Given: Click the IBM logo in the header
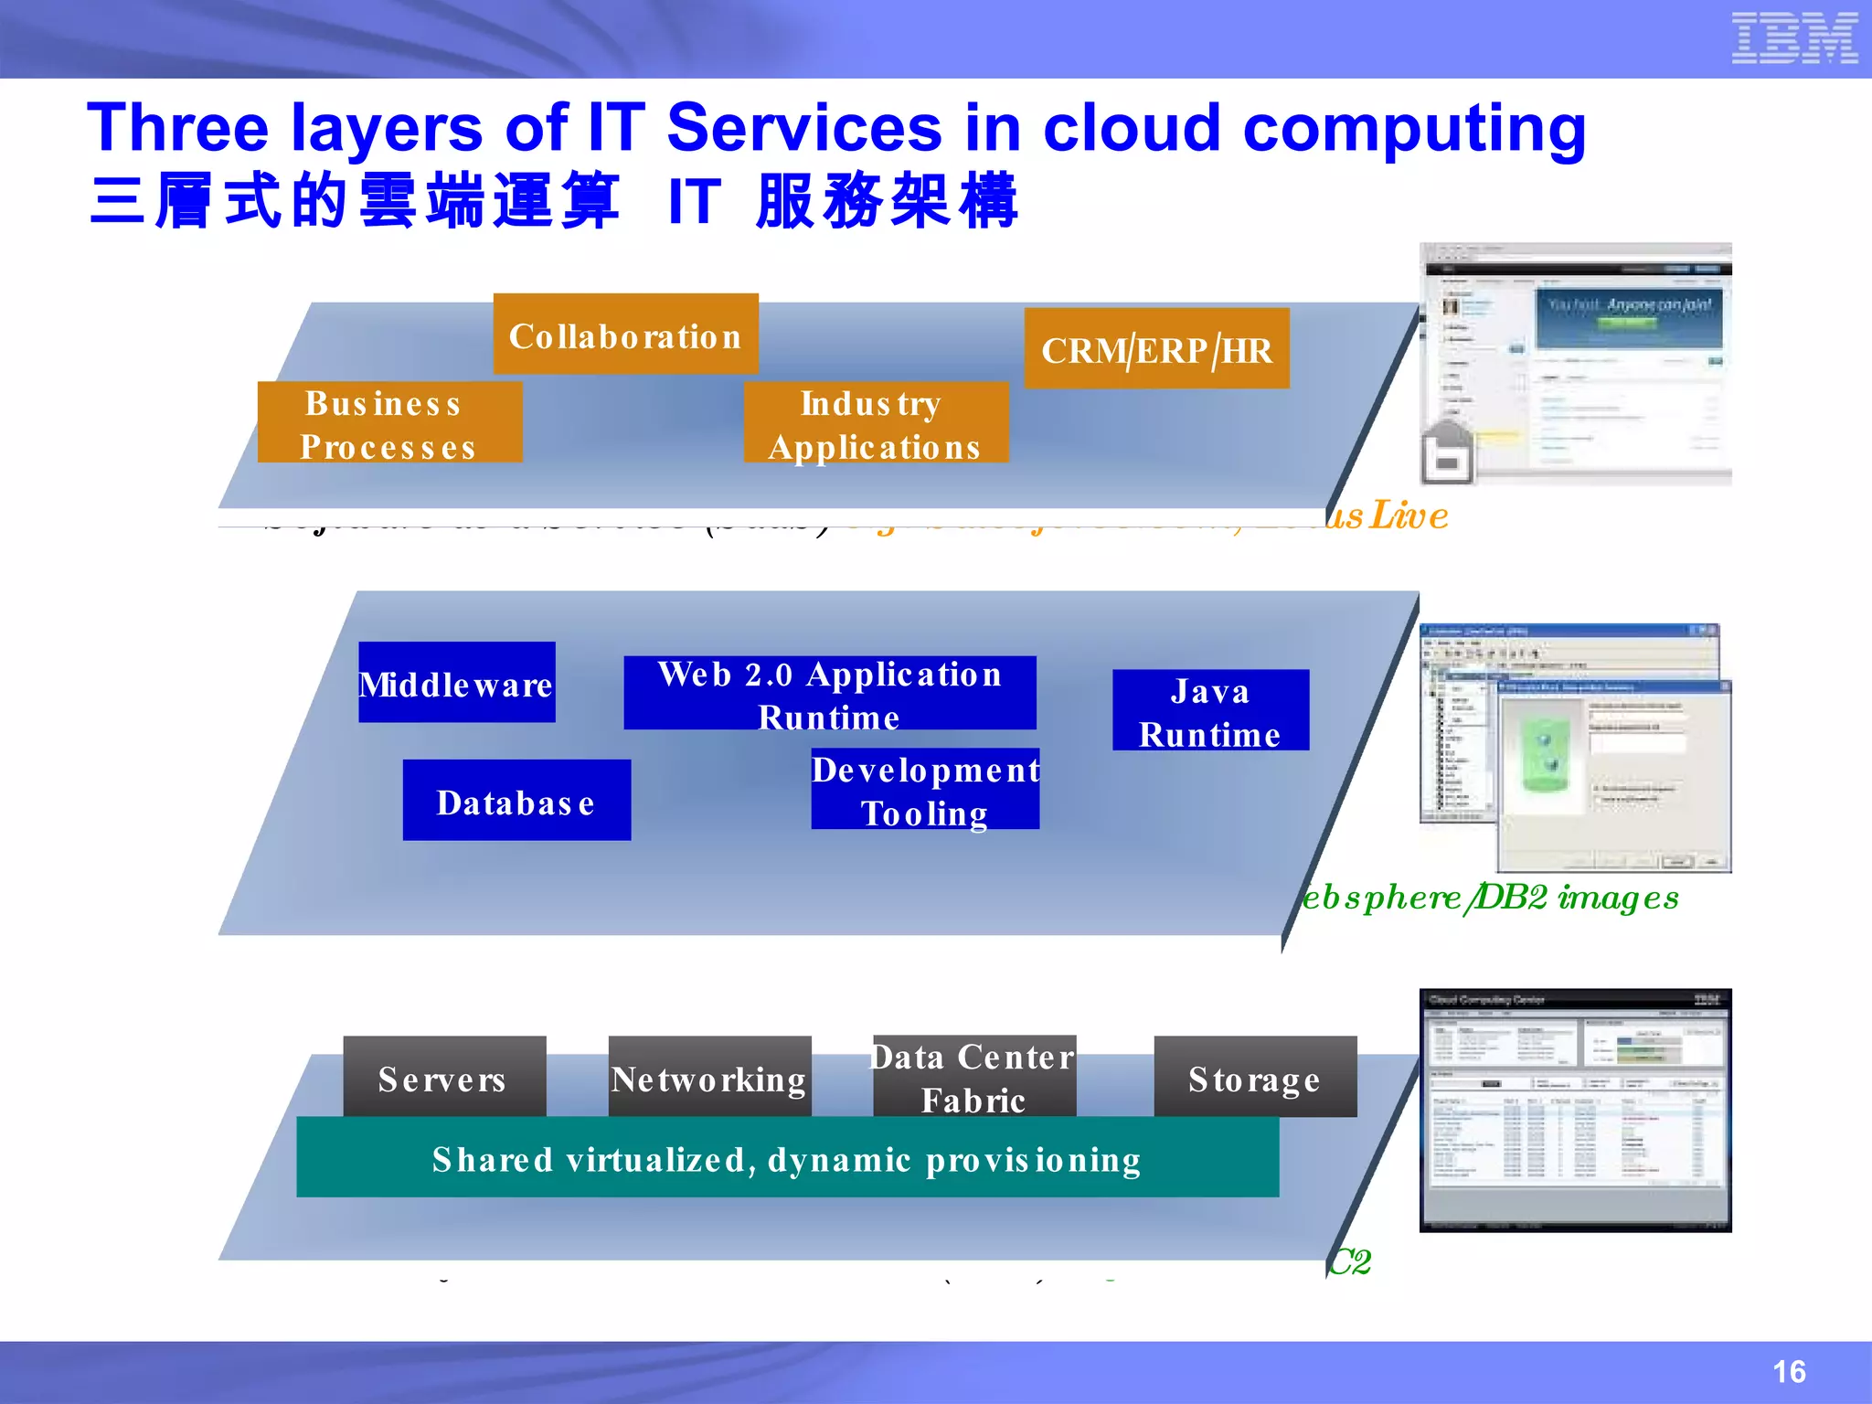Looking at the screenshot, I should (1794, 38).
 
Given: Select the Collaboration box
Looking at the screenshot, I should (625, 335).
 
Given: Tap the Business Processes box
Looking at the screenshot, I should (389, 423).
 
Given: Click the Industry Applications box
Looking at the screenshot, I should (875, 423).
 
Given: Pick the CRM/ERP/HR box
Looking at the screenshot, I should (1156, 349).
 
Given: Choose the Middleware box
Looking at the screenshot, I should (456, 683).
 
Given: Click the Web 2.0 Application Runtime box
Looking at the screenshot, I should (829, 694).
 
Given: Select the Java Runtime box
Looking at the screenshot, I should (1209, 711).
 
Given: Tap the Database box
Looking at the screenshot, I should (516, 801).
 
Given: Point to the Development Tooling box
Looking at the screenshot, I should (924, 791).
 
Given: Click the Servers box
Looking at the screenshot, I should (444, 1077).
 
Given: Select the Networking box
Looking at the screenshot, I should (709, 1077).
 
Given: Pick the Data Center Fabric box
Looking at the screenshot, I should (973, 1076).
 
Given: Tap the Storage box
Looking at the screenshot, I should (1254, 1077).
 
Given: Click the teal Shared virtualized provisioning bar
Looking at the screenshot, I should (787, 1157).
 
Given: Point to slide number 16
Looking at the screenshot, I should (1788, 1372).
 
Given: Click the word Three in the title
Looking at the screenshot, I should (177, 128).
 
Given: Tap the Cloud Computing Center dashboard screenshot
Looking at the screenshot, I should (1574, 1111).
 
